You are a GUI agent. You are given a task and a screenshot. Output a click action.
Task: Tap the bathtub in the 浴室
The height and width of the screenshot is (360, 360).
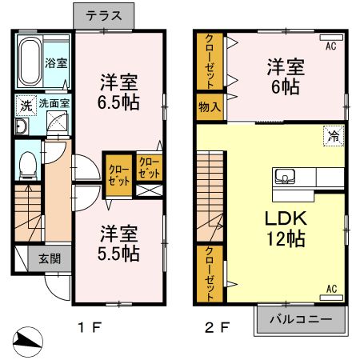pyautogui.click(x=31, y=63)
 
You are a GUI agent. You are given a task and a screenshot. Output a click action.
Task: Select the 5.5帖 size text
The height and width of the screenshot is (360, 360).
pyautogui.click(x=119, y=254)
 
